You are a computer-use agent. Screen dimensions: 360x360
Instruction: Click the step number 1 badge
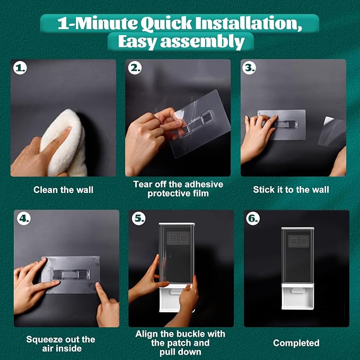20,68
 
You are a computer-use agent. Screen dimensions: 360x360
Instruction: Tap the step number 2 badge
135,68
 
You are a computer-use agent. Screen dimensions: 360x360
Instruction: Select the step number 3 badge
249,68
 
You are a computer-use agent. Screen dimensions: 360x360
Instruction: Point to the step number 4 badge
24,218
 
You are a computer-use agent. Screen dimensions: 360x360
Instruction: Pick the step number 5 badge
139,218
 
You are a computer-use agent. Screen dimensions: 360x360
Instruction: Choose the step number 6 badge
253,218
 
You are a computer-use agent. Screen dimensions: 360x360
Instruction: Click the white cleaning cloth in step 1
64,143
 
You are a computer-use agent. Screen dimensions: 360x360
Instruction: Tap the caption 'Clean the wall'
64,190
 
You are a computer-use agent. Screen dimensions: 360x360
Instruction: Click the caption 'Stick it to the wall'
291,190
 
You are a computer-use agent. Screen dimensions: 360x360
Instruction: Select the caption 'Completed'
296,343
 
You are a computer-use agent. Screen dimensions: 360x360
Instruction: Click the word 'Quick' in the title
166,24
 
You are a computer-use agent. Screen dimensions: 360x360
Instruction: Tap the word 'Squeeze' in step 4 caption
45,339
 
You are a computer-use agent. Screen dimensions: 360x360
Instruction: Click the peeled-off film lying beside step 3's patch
331,131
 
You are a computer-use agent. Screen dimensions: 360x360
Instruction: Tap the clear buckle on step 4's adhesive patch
71,274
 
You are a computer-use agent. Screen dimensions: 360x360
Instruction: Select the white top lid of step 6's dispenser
297,229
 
